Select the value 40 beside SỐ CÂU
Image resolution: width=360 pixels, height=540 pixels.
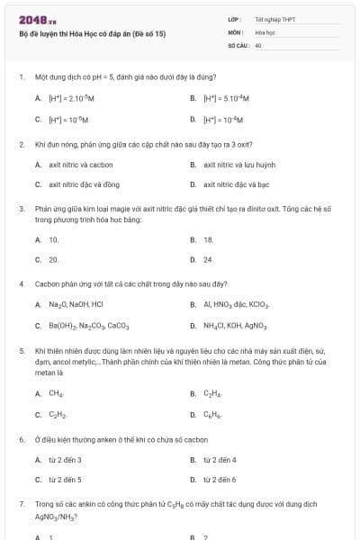click(x=258, y=44)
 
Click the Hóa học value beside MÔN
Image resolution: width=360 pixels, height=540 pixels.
click(x=264, y=32)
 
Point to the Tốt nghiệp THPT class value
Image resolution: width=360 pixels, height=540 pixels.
click(x=275, y=19)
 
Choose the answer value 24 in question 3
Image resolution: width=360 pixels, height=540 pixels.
click(x=208, y=259)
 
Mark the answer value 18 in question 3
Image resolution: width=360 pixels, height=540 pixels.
click(x=208, y=239)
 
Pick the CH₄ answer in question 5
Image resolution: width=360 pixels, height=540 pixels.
click(x=56, y=393)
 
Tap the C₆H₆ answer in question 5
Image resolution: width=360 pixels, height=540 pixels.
click(x=212, y=414)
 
